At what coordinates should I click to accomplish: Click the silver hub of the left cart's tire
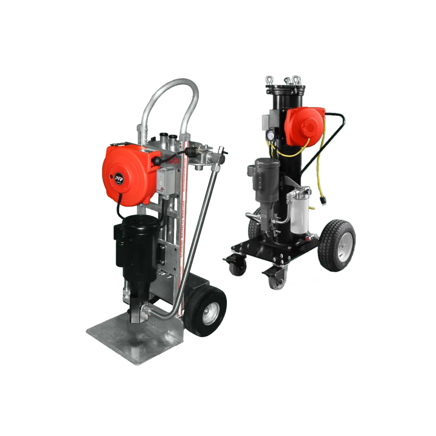[x=210, y=313]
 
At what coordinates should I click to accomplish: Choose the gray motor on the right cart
[x=266, y=178]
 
